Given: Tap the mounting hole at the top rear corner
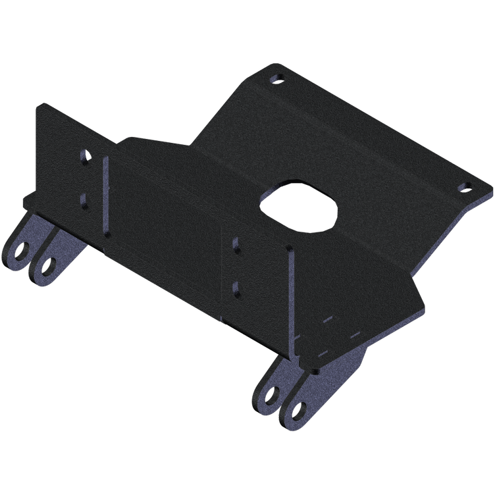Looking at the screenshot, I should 277,78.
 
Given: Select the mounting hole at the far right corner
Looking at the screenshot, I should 464,187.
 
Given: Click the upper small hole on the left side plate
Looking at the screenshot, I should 85,158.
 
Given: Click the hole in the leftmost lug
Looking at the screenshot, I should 24,251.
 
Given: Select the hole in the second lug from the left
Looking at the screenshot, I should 48,265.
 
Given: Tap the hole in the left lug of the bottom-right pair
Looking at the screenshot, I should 271,393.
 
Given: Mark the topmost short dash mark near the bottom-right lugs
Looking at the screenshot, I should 329,320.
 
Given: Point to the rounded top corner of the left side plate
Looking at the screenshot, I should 42,107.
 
